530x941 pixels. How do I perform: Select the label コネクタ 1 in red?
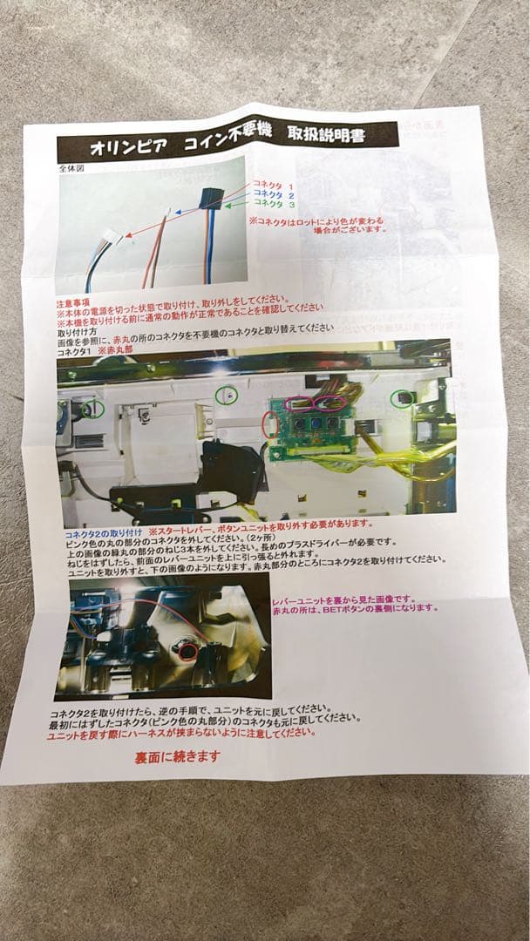click(x=272, y=184)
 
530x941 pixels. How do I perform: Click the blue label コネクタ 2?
click(x=272, y=194)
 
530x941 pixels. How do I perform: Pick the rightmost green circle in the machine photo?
click(x=401, y=398)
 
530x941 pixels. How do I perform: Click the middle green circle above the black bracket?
click(x=226, y=396)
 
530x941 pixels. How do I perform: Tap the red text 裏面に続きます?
click(x=177, y=757)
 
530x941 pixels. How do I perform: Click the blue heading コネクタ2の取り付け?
click(x=104, y=528)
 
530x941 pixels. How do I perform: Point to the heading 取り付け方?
click(x=78, y=332)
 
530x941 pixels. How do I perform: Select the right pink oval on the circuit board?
click(x=331, y=402)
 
